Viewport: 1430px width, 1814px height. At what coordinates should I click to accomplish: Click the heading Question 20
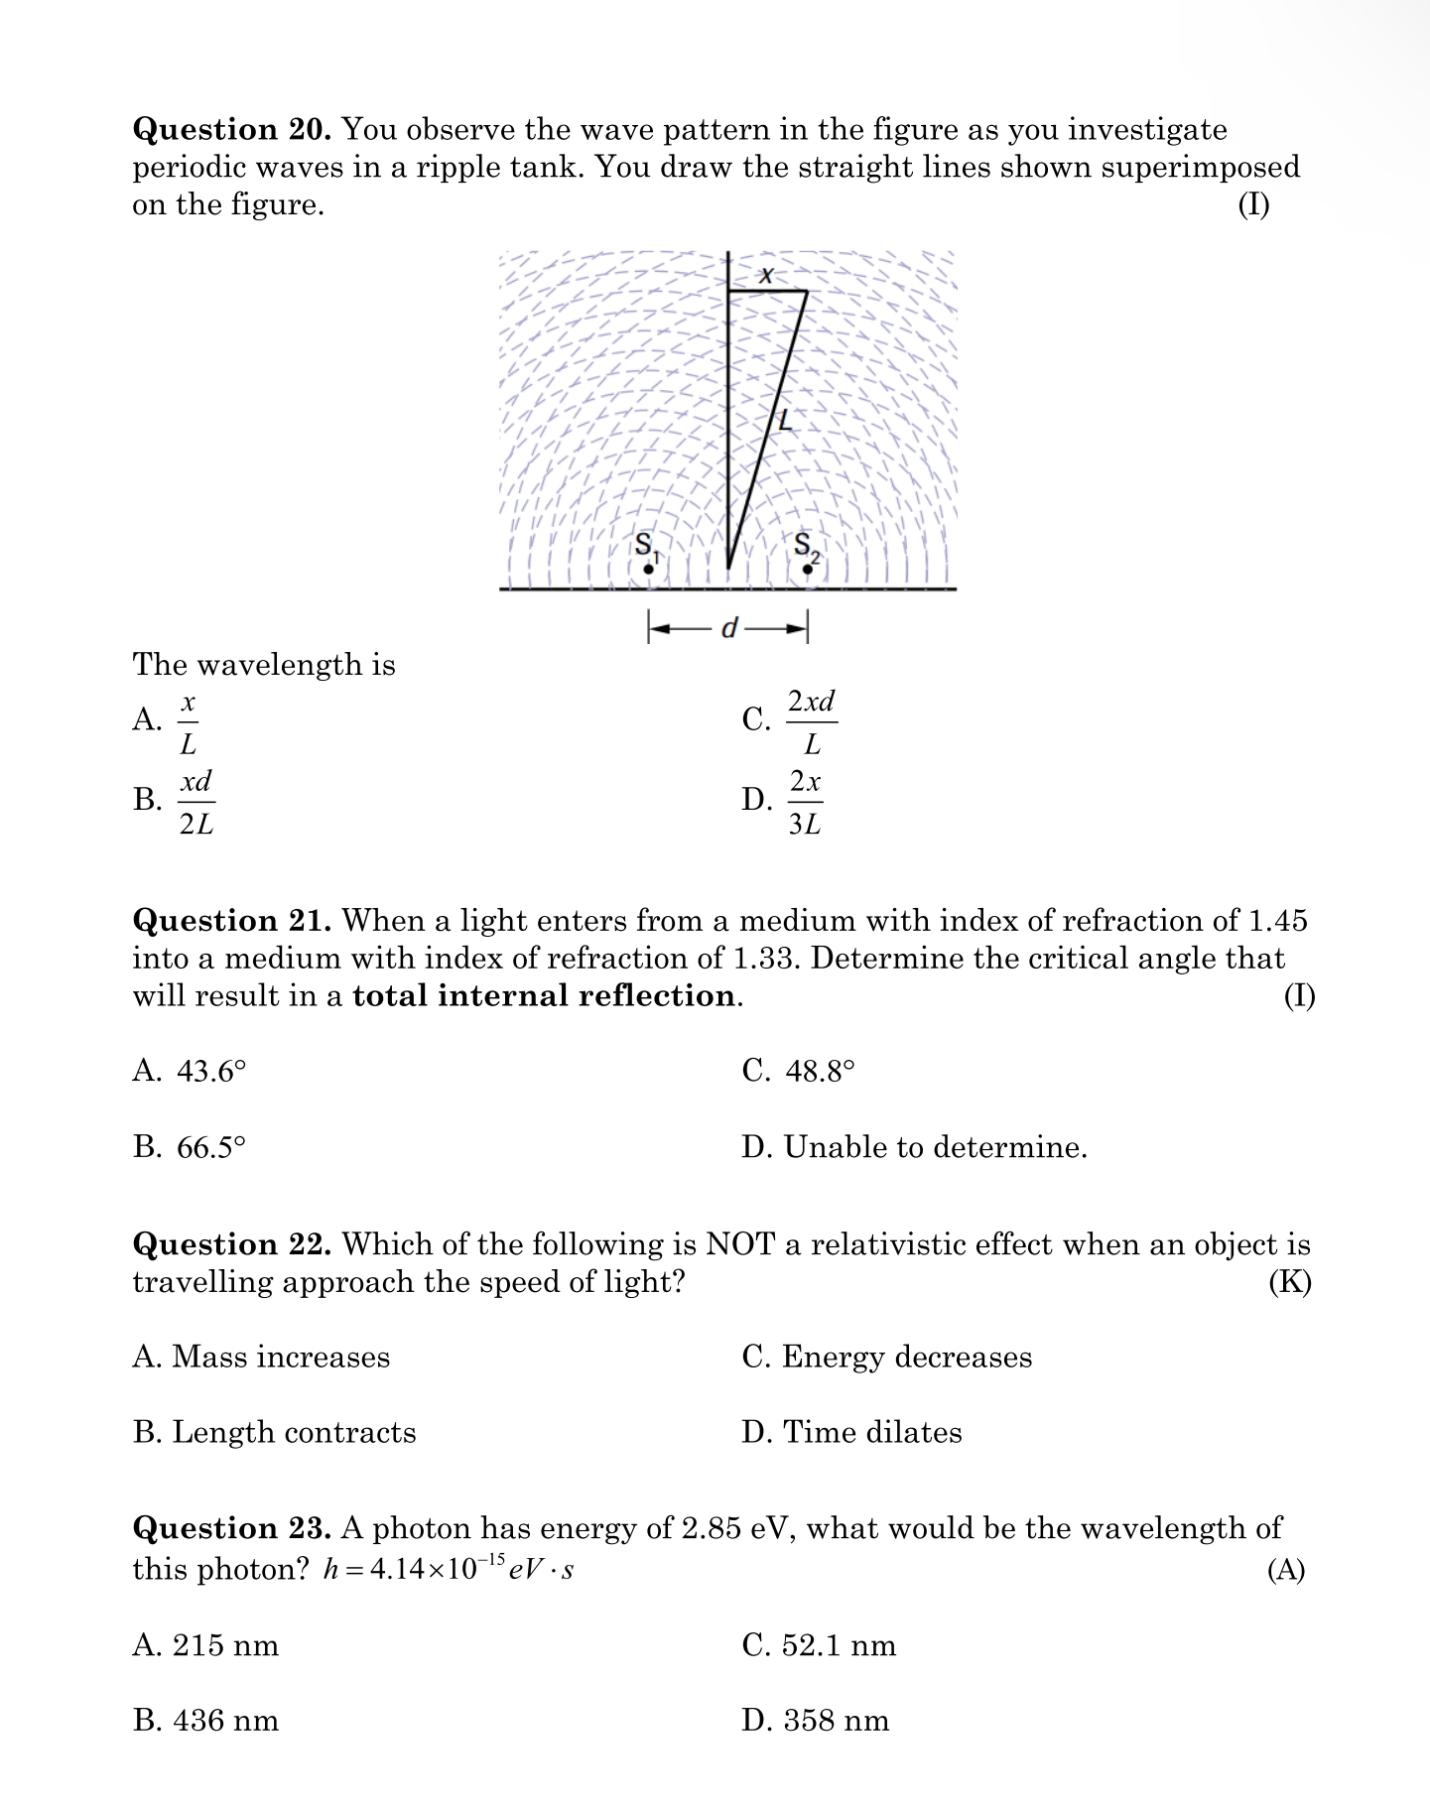click(232, 130)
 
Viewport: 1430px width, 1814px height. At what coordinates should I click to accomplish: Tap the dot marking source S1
click(648, 569)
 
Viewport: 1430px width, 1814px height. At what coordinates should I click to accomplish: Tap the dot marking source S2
click(808, 569)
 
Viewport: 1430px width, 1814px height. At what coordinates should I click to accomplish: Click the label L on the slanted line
click(786, 420)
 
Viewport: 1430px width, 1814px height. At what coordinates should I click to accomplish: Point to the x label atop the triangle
click(765, 275)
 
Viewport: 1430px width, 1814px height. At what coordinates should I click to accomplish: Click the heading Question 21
click(232, 921)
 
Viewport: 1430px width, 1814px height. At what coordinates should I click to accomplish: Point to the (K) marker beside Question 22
click(1289, 1283)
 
